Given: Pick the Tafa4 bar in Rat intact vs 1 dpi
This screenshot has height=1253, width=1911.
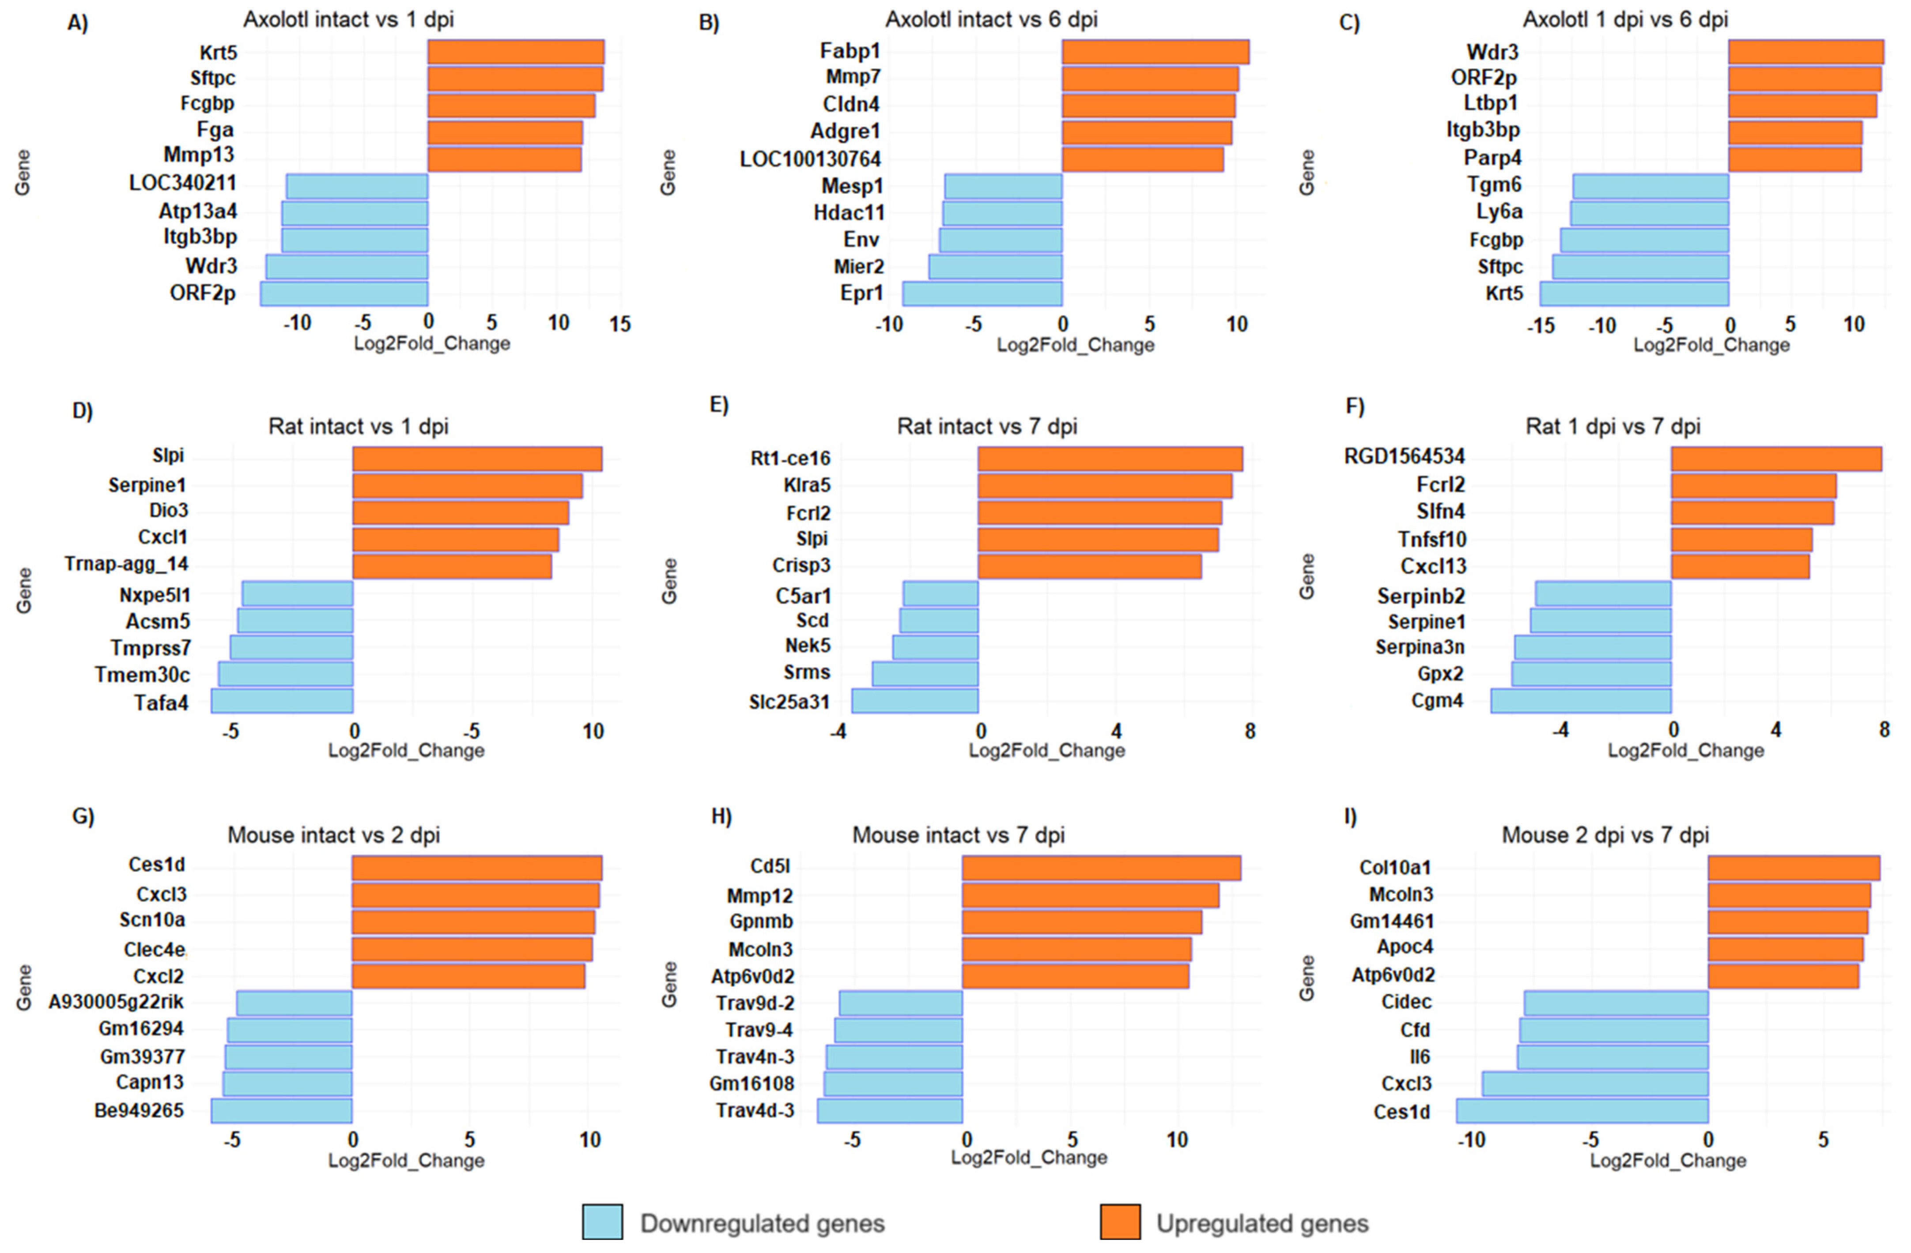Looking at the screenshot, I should tap(282, 702).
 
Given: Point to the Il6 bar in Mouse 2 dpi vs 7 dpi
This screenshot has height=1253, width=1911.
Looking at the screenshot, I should tap(1613, 1057).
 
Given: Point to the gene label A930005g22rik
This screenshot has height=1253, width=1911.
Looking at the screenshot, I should tap(117, 1002).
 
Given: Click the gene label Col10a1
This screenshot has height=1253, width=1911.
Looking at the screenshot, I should tap(1395, 868).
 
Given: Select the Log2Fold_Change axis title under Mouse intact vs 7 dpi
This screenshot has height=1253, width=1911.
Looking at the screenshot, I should tap(1028, 1158).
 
